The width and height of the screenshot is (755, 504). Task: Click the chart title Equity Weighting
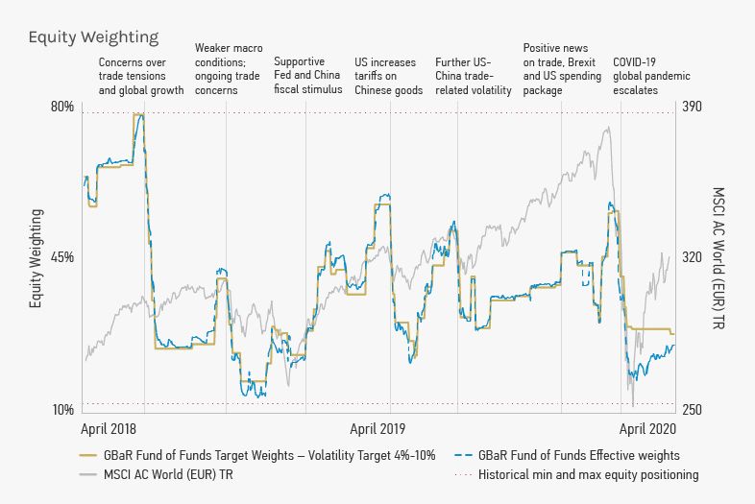(93, 37)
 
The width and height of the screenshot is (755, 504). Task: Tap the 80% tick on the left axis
(62, 107)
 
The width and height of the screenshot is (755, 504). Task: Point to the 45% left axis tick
(62, 257)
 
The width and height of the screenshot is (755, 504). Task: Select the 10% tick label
(62, 410)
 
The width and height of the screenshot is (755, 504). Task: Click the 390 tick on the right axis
(693, 107)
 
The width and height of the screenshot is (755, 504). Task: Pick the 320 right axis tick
(693, 257)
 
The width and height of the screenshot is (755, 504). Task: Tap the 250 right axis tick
(693, 410)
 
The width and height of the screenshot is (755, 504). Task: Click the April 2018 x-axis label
(109, 428)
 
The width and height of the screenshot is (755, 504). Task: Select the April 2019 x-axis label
(378, 428)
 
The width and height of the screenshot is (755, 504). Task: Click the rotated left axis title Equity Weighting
(36, 257)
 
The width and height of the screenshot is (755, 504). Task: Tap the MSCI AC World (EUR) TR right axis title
(719, 257)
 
